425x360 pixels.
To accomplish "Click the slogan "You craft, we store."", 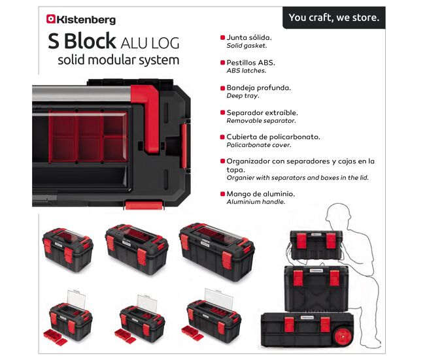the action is coord(334,18).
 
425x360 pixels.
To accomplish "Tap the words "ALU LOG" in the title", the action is coord(150,43).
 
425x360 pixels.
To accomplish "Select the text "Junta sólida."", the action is coord(249,37).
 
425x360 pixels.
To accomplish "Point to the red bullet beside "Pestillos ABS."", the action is coord(222,63).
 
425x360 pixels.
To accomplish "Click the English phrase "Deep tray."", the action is coord(243,95).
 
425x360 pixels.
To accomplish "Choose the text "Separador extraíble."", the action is coord(262,112).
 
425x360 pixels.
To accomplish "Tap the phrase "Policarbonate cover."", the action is coord(259,145).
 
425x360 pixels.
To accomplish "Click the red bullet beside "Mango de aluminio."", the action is coord(222,193).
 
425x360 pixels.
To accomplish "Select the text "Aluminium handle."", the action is coord(256,202).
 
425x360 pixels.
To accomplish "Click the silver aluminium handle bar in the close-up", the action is coord(82,93).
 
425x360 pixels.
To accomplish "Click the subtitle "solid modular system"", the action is coord(118,60).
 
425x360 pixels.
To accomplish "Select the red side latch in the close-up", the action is coord(184,146).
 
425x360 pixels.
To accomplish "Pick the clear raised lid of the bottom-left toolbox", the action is coord(76,300).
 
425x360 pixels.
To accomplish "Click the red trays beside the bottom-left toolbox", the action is coord(55,338).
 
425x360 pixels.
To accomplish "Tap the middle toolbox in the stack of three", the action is coord(316,288).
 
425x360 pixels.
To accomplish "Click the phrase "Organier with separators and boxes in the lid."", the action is coord(297,178).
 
